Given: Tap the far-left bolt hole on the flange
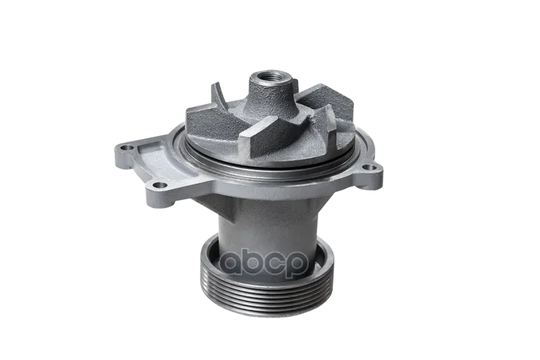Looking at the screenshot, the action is click(127, 149).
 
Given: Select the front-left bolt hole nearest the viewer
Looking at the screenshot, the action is click(159, 186).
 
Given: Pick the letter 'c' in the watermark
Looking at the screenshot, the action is click(275, 265).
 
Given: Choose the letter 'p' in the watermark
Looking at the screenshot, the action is click(296, 267).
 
